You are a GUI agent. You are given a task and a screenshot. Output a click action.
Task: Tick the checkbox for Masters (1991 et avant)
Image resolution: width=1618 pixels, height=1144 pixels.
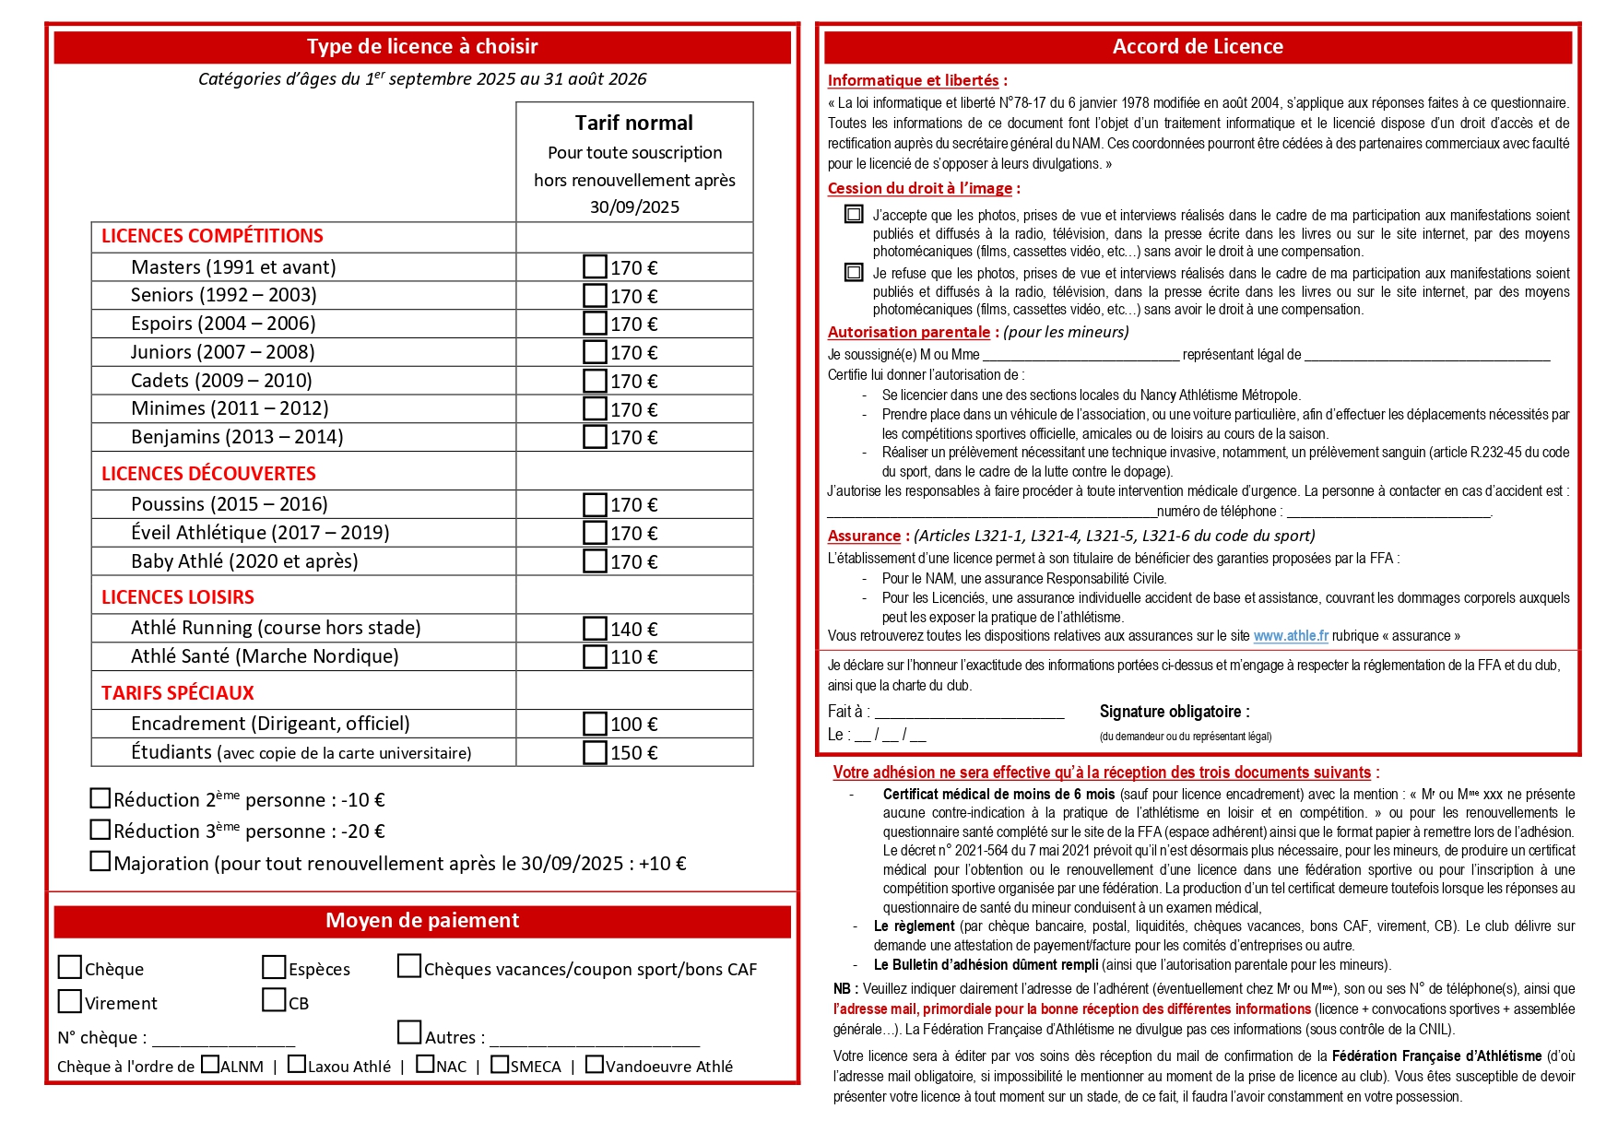point(595,266)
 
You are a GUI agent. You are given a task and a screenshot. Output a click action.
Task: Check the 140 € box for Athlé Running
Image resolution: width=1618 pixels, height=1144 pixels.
point(595,628)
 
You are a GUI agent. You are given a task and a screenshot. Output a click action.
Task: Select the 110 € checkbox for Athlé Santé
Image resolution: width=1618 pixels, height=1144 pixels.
point(595,656)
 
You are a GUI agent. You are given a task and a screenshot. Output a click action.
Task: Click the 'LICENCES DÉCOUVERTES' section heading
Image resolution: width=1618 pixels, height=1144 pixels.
point(208,474)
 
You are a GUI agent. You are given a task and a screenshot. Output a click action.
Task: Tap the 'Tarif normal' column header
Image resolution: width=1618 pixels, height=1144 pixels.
point(634,123)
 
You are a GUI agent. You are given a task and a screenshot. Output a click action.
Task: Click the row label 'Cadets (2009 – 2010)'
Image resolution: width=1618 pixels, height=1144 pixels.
point(221,381)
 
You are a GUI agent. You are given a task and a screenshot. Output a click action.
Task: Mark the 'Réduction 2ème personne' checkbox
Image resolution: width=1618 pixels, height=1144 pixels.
point(100,798)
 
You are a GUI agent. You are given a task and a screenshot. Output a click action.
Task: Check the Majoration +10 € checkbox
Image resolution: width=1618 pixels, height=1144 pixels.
point(100,861)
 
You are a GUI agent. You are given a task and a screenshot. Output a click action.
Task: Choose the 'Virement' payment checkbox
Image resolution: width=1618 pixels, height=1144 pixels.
point(70,1001)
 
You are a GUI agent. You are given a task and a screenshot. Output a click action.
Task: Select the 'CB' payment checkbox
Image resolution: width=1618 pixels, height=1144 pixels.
point(274,1000)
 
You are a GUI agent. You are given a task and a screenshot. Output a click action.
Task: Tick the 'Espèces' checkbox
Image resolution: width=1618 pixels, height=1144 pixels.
point(274,967)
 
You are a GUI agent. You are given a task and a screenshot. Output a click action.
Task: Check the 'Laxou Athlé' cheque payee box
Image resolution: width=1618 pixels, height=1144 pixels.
point(297,1065)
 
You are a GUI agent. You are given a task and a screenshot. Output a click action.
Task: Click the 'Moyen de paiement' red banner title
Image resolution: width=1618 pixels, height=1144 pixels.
point(422,921)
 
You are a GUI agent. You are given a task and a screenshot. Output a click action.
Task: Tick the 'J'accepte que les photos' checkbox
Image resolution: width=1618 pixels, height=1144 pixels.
point(854,215)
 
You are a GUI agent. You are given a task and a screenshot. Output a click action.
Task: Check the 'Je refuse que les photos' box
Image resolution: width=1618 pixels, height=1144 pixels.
point(854,273)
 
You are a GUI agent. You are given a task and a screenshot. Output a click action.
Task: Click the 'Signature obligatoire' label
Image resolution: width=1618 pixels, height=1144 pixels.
point(1175,712)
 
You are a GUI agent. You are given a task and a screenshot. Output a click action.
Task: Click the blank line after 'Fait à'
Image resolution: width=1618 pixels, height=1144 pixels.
point(969,712)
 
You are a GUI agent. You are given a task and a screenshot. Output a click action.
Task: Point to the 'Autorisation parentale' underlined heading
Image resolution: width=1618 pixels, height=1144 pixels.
point(908,332)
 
